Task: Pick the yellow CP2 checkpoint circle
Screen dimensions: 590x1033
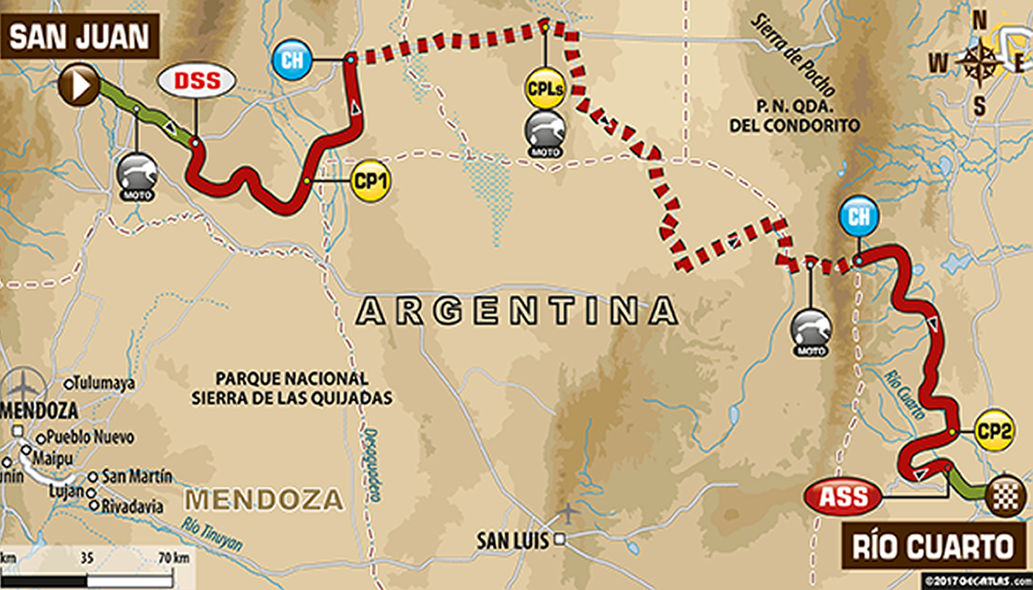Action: point(992,431)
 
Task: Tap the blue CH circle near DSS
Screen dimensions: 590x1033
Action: point(292,59)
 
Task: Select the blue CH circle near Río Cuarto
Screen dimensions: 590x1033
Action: point(858,217)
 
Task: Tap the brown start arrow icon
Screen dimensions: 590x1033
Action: point(79,85)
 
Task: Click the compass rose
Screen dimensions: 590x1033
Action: point(979,63)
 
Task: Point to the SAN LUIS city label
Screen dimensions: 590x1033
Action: point(512,541)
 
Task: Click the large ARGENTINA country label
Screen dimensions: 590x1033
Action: point(516,311)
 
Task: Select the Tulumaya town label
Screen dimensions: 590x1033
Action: point(104,383)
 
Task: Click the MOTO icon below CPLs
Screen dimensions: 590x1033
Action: point(545,133)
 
